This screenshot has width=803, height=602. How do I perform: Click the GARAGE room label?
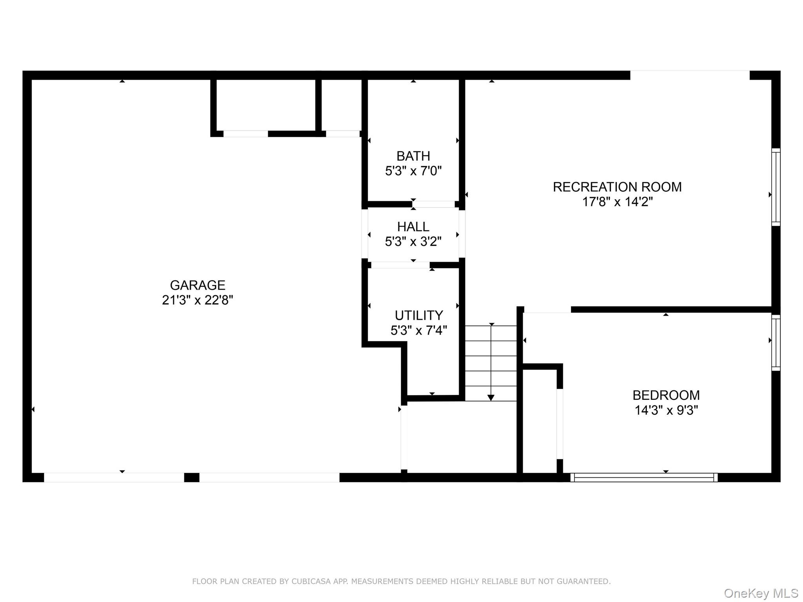coord(198,285)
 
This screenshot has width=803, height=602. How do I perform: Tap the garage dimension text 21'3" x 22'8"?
coord(198,300)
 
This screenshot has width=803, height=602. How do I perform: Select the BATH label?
coord(413,156)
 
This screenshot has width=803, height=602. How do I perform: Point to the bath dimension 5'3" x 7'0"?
coord(413,171)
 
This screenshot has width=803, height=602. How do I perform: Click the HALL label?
coord(413,227)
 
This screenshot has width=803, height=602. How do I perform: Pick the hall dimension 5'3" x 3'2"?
coord(413,241)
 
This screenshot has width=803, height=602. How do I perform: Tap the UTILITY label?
coord(419,315)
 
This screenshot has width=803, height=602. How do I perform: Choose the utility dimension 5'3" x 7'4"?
coord(419,330)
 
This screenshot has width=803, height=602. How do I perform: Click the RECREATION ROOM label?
coord(617,187)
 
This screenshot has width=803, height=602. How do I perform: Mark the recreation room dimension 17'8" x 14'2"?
coord(617,202)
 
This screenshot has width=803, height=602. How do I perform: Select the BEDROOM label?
coord(666,395)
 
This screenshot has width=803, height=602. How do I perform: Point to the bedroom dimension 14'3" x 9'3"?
coord(666,410)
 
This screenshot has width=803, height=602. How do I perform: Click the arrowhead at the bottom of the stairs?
coord(491,398)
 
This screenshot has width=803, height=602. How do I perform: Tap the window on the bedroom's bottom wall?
coord(644,477)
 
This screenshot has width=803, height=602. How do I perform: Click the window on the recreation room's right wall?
coord(776,187)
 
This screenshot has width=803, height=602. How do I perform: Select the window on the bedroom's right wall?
coord(776,343)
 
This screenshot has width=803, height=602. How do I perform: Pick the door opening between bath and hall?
coord(433,204)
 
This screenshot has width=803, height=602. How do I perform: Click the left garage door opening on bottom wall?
coord(114,477)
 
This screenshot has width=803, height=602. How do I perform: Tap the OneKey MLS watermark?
coord(761,594)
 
